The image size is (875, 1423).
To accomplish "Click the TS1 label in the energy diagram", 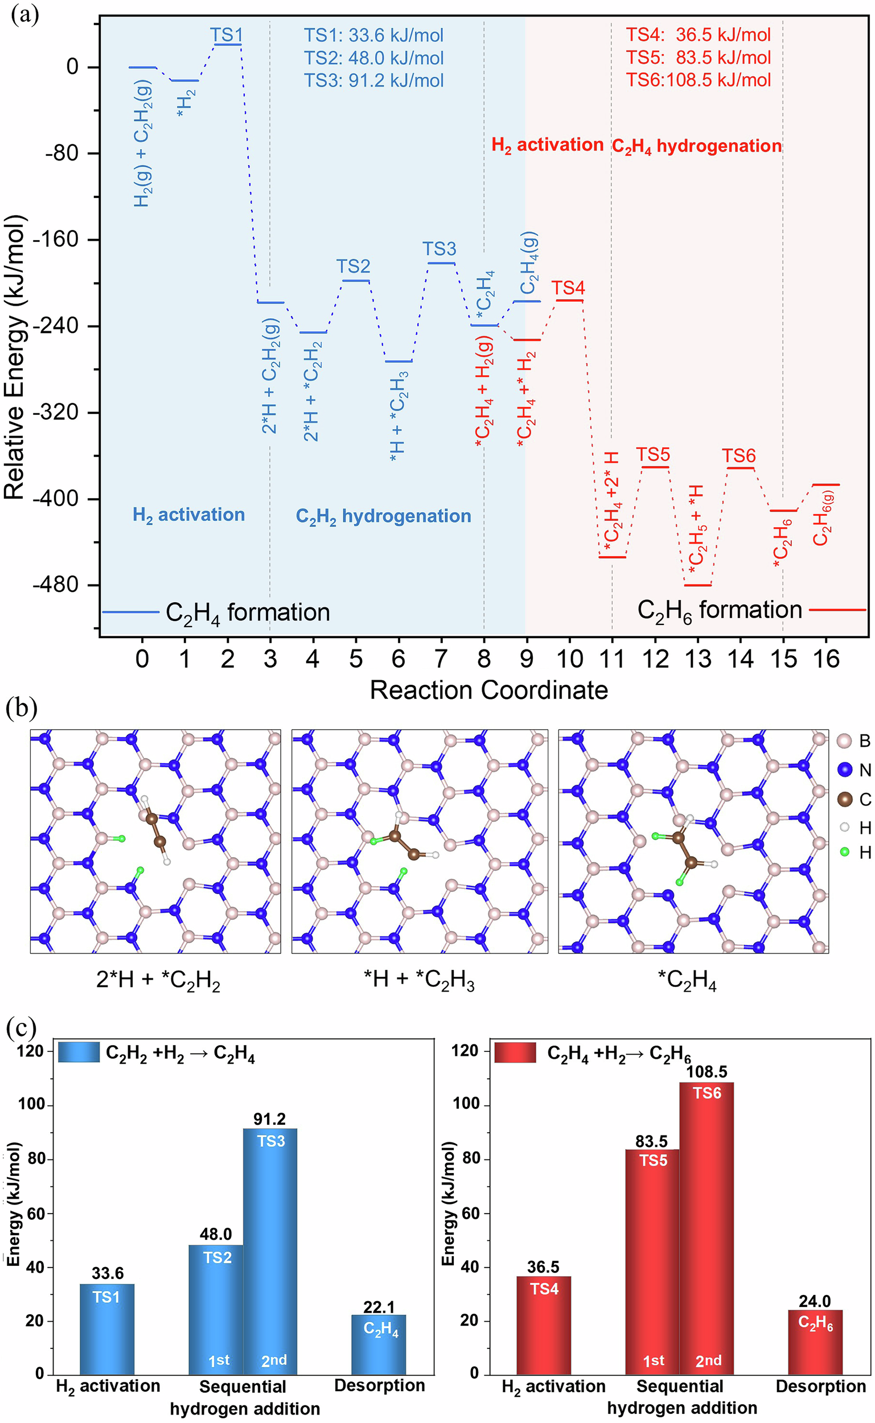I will (226, 34).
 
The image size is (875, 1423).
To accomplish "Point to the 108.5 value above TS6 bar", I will (706, 1071).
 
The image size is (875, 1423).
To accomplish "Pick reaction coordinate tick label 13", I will (698, 659).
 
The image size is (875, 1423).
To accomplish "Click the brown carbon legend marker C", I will (845, 799).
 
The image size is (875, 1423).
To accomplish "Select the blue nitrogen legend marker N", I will (845, 770).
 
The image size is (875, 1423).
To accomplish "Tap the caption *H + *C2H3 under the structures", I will (419, 980).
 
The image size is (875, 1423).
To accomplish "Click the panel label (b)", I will (22, 709).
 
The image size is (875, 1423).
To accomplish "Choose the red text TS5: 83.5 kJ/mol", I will (698, 57).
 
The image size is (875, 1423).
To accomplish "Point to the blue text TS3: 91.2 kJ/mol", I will (374, 80).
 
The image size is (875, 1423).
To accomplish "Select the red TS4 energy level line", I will (569, 300).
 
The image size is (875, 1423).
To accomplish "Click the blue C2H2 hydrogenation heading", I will (383, 516).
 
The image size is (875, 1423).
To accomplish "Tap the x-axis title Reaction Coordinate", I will (488, 690).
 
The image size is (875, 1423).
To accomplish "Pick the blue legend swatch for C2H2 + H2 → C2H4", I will (79, 1051).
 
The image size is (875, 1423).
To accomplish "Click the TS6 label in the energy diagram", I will (738, 456).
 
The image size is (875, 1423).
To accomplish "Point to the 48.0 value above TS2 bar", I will (216, 1234).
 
